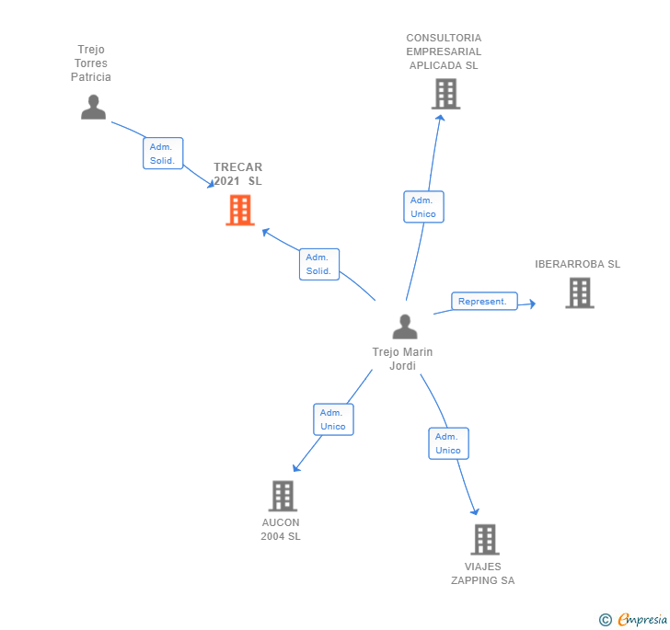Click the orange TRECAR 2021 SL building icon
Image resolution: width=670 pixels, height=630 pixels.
click(x=240, y=211)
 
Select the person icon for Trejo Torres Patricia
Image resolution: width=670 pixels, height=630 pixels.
click(x=93, y=108)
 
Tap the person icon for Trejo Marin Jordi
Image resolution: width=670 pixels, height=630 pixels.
click(x=405, y=326)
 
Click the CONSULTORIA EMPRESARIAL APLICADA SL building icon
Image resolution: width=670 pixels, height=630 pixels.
click(x=445, y=94)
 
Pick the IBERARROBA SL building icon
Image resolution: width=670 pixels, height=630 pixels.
click(x=579, y=292)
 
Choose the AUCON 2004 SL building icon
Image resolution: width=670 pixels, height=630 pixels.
click(x=283, y=496)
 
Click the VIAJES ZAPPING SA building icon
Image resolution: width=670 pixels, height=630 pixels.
click(x=485, y=539)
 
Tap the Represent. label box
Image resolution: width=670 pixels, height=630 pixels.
click(x=484, y=302)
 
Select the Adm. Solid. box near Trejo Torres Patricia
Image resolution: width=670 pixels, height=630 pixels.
click(x=163, y=154)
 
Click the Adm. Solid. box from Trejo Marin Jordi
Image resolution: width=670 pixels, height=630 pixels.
click(x=319, y=264)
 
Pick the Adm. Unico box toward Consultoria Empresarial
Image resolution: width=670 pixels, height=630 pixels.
click(x=423, y=207)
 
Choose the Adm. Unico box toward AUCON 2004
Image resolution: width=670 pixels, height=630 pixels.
click(x=333, y=419)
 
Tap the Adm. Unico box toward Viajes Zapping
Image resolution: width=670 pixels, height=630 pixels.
click(x=448, y=443)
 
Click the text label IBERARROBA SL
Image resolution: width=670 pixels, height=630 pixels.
click(x=578, y=264)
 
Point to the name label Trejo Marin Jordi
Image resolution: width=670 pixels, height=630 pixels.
click(x=402, y=359)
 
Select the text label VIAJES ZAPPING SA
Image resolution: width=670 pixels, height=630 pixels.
click(x=483, y=573)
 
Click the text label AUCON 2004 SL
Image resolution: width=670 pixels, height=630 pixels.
click(x=281, y=529)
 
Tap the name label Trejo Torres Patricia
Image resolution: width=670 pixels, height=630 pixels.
click(x=91, y=63)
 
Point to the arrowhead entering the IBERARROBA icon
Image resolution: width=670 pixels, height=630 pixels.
click(x=531, y=304)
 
